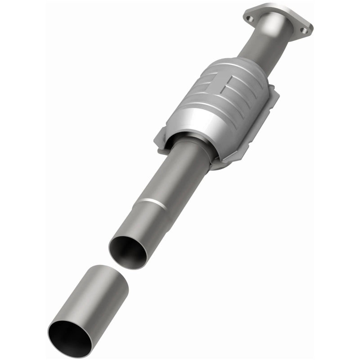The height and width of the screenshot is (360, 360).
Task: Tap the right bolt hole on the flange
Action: [305, 31]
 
